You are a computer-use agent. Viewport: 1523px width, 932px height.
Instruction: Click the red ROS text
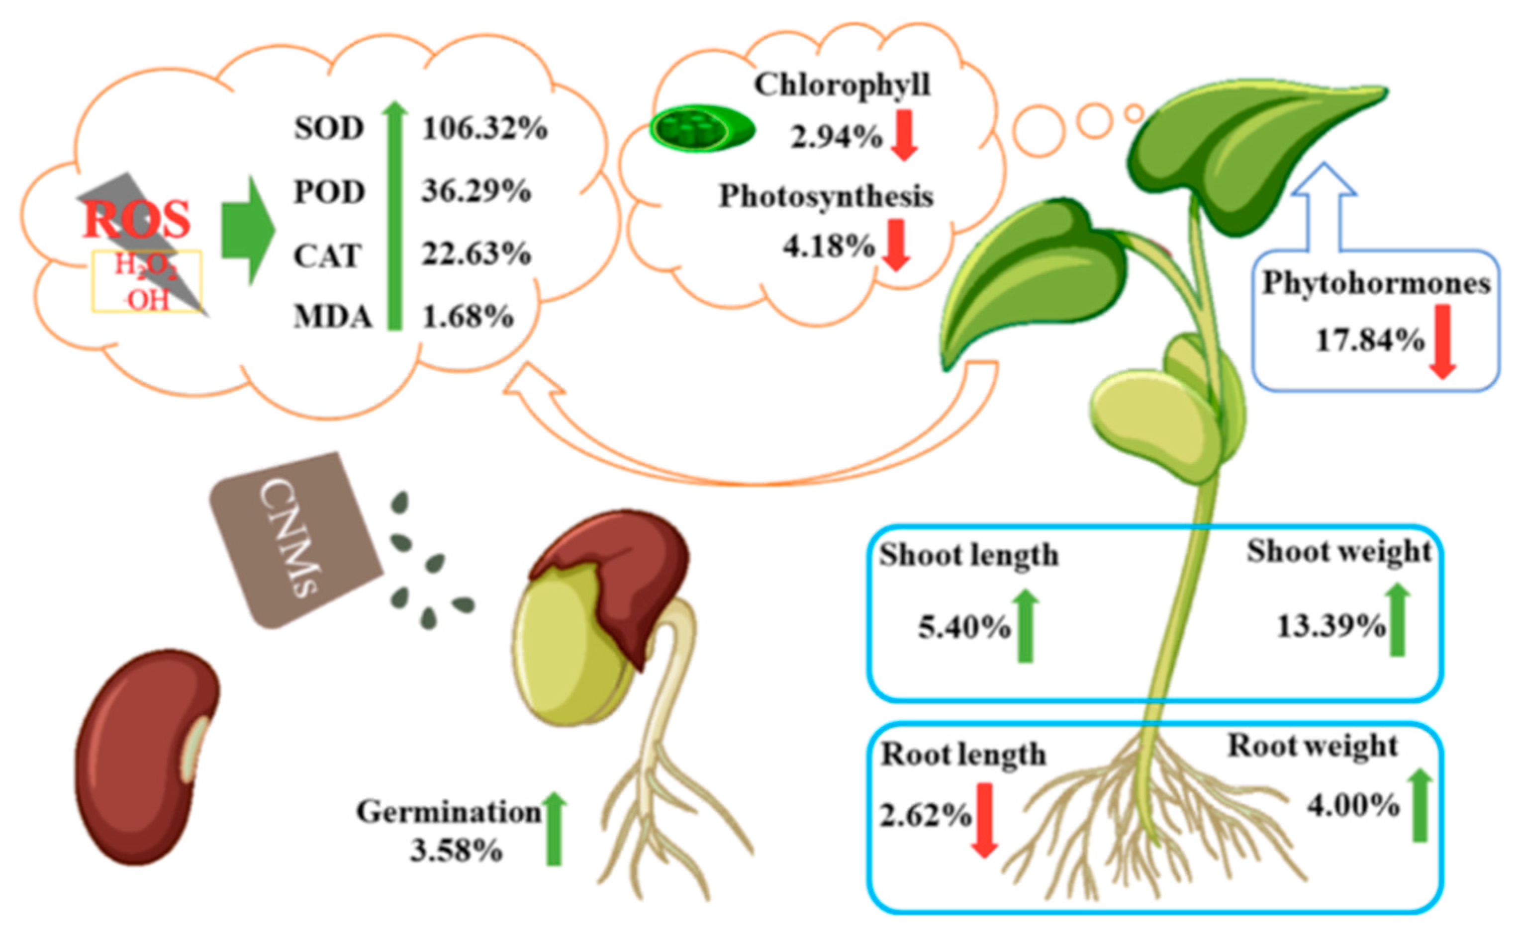(137, 220)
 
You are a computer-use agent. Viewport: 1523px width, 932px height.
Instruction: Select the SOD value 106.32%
(484, 128)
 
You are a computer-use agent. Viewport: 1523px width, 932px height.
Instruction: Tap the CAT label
(326, 255)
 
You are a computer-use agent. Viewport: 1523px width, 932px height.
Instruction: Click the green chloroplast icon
(701, 128)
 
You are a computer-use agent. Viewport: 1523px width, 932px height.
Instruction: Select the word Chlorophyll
(842, 85)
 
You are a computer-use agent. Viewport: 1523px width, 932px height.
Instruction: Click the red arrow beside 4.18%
(896, 245)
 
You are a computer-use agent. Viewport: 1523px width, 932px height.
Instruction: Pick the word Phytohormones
(1376, 283)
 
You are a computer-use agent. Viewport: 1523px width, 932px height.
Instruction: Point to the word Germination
(449, 812)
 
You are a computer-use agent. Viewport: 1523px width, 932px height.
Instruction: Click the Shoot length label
(968, 555)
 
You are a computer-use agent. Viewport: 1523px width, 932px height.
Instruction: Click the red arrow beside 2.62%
(984, 820)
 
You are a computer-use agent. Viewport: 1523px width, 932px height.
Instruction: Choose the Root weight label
(1312, 746)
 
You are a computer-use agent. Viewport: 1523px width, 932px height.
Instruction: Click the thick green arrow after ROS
(248, 230)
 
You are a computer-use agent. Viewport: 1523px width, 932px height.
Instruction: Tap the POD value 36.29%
(476, 191)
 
